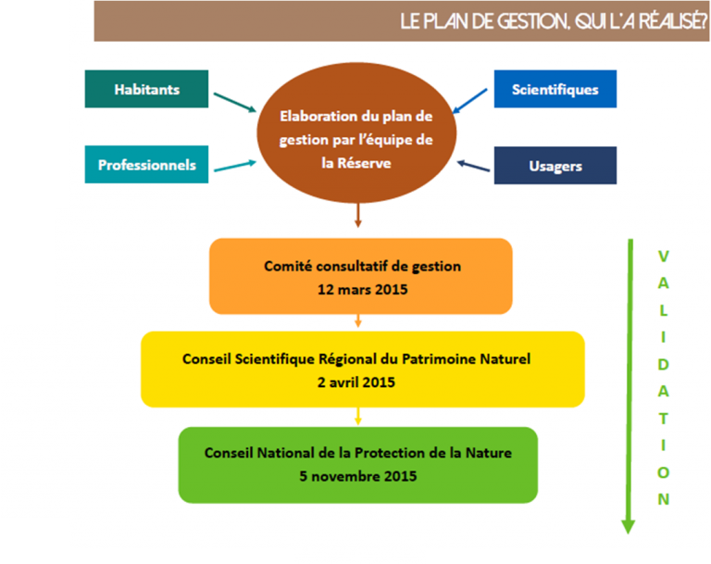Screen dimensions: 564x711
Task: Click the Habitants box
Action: click(146, 90)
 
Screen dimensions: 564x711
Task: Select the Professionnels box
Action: click(146, 165)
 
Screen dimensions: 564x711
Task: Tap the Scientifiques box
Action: click(555, 90)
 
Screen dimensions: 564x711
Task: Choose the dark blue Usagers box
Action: click(555, 166)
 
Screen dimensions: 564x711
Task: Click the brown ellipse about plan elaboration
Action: click(356, 133)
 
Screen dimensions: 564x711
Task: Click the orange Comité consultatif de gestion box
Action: click(360, 276)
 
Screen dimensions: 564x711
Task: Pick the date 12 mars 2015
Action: click(361, 289)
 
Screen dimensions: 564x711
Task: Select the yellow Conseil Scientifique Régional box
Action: click(362, 369)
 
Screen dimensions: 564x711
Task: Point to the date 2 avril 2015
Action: click(362, 382)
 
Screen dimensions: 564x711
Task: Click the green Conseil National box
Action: click(357, 465)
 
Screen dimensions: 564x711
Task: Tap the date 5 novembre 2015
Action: click(357, 477)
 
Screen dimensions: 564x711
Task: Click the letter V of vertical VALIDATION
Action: click(663, 256)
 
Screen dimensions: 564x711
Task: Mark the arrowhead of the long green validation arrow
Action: click(628, 525)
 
